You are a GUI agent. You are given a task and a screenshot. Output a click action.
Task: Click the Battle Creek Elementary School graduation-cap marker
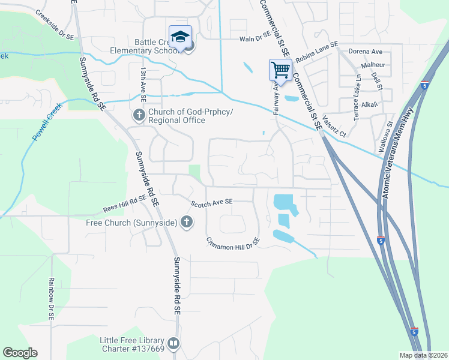click(x=180, y=37)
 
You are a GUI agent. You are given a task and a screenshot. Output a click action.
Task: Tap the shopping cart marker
click(x=280, y=70)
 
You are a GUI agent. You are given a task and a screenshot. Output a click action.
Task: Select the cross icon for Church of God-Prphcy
click(x=139, y=115)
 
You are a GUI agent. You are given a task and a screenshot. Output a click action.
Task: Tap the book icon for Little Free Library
click(x=173, y=344)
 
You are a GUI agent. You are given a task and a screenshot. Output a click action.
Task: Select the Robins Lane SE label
click(x=317, y=49)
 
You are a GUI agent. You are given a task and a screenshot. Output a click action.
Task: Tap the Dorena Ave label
click(x=366, y=52)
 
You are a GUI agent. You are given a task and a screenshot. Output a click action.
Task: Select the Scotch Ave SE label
click(x=211, y=203)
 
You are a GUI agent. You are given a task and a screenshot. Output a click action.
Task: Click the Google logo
click(x=20, y=353)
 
